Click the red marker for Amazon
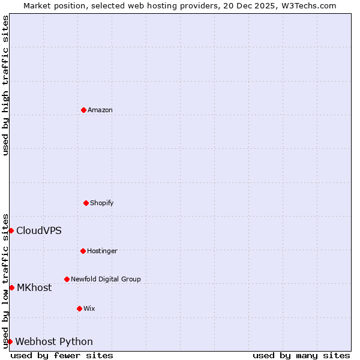click(x=83, y=110)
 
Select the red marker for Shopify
click(x=86, y=203)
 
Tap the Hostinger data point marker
click(x=83, y=251)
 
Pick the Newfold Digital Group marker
click(x=67, y=279)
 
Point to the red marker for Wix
click(x=79, y=308)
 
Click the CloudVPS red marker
click(x=11, y=230)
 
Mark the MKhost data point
click(x=11, y=287)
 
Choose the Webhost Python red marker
click(x=10, y=341)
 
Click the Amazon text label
click(x=100, y=110)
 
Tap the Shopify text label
click(x=102, y=203)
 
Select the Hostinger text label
click(x=102, y=251)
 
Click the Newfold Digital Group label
click(x=106, y=279)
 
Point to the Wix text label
click(x=89, y=308)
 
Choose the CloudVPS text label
click(x=38, y=230)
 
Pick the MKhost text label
click(x=34, y=287)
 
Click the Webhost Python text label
click(x=54, y=341)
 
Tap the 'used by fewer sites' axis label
click(x=62, y=355)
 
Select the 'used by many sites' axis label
click(x=301, y=355)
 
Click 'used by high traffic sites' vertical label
click(x=5, y=85)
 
